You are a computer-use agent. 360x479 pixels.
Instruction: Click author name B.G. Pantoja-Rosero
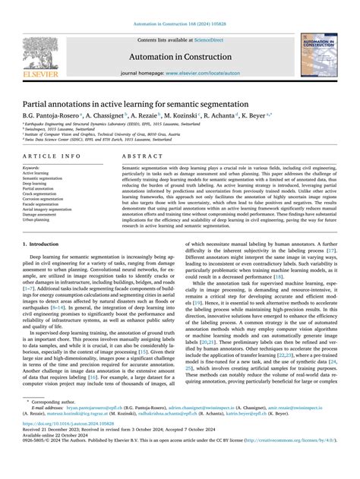coord(54,116)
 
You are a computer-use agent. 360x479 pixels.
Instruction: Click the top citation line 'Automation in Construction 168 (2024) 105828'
coord(179,6)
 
